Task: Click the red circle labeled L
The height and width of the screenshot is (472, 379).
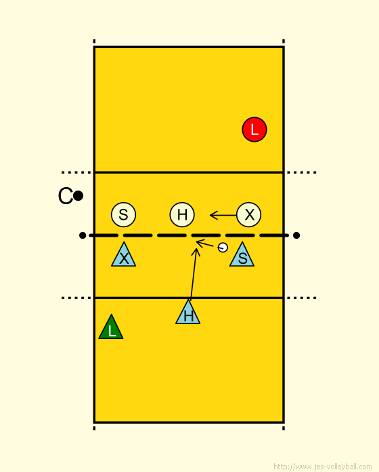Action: [254, 130]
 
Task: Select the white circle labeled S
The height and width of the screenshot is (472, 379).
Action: [123, 214]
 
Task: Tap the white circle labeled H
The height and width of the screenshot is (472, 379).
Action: [182, 214]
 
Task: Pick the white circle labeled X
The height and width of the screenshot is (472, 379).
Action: [248, 214]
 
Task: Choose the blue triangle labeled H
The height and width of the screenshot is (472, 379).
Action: [187, 314]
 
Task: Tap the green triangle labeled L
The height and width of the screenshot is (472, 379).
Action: [111, 329]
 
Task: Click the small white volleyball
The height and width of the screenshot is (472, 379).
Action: [223, 248]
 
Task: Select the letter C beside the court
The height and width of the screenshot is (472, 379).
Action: [65, 196]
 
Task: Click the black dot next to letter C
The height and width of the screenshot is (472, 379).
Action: [78, 196]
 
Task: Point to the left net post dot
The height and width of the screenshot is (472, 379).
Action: [83, 235]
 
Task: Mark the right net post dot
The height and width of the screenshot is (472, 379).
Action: [296, 235]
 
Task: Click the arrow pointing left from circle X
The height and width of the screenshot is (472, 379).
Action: [223, 215]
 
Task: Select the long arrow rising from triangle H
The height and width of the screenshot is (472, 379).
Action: [194, 273]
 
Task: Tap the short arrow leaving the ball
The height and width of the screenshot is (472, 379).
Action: [205, 243]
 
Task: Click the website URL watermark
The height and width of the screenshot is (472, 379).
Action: [323, 467]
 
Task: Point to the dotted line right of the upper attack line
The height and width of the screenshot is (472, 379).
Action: [301, 172]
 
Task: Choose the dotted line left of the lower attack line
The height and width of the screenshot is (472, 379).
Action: [76, 298]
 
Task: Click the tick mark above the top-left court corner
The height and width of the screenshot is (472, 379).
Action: [94, 41]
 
